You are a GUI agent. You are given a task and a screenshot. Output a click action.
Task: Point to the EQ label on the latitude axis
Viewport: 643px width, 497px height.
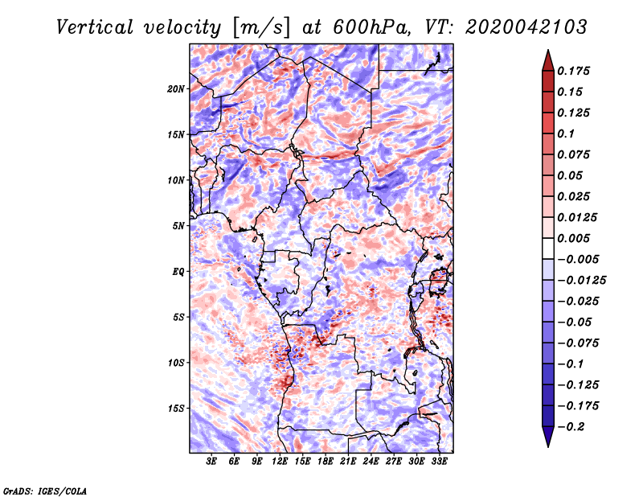click(x=178, y=272)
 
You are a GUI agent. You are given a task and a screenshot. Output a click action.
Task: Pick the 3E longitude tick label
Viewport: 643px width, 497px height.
click(x=212, y=462)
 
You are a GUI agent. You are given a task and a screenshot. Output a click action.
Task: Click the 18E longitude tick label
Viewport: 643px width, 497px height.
click(x=326, y=462)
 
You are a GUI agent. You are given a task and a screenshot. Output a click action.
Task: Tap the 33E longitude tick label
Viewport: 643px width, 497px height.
click(x=439, y=462)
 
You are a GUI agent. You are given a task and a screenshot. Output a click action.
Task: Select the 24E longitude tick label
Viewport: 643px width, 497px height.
click(x=371, y=462)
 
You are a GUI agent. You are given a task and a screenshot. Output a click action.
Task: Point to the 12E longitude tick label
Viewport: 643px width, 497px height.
click(x=280, y=462)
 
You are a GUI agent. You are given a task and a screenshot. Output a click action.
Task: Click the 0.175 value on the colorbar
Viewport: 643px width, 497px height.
click(x=575, y=71)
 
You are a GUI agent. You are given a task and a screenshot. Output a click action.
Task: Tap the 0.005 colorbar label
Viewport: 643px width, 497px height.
click(x=575, y=238)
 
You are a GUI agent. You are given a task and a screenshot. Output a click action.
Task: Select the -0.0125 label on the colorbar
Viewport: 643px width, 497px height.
click(x=583, y=280)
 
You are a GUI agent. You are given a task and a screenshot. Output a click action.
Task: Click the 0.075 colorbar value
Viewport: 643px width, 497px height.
click(x=575, y=154)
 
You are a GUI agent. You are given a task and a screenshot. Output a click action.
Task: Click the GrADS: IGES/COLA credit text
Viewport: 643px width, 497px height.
click(x=45, y=490)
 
